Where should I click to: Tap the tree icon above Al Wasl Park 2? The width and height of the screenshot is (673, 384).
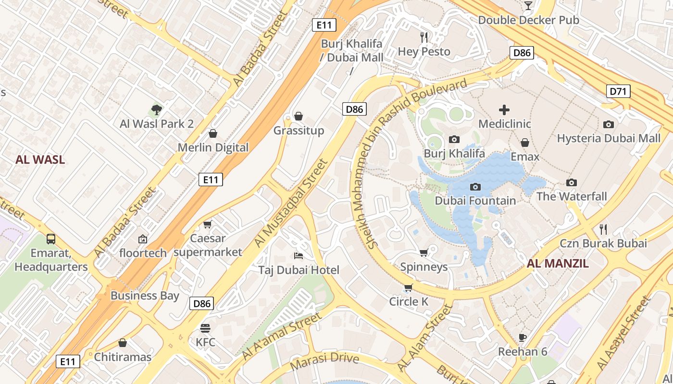coord(156,110)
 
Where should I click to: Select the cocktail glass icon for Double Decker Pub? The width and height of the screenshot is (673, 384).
coord(528,6)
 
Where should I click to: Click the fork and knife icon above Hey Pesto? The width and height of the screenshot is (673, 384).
coord(424,37)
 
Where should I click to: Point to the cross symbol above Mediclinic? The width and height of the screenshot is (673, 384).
coord(504,110)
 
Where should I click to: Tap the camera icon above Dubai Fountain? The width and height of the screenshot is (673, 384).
coord(475,187)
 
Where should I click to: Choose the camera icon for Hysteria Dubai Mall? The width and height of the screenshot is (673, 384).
coord(609,124)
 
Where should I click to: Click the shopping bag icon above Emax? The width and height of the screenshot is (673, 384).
coord(525,143)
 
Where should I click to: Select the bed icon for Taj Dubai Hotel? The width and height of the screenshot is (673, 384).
coord(299,255)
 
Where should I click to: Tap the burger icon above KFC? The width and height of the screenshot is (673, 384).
coord(205,328)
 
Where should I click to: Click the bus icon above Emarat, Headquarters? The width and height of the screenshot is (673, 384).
coord(50,239)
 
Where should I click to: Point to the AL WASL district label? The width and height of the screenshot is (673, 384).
coord(40,160)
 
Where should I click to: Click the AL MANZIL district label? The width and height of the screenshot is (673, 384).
coord(558,263)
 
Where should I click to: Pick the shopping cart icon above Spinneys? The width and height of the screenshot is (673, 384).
coord(424,252)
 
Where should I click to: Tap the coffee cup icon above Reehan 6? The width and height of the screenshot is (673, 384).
coord(523,337)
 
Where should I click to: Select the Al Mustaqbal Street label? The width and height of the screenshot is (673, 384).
coord(291,204)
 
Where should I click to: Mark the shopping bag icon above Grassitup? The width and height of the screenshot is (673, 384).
coord(299,116)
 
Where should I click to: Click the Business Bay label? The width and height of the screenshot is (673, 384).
coord(145,295)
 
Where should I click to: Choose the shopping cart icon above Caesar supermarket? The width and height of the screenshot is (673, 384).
coord(208,224)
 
